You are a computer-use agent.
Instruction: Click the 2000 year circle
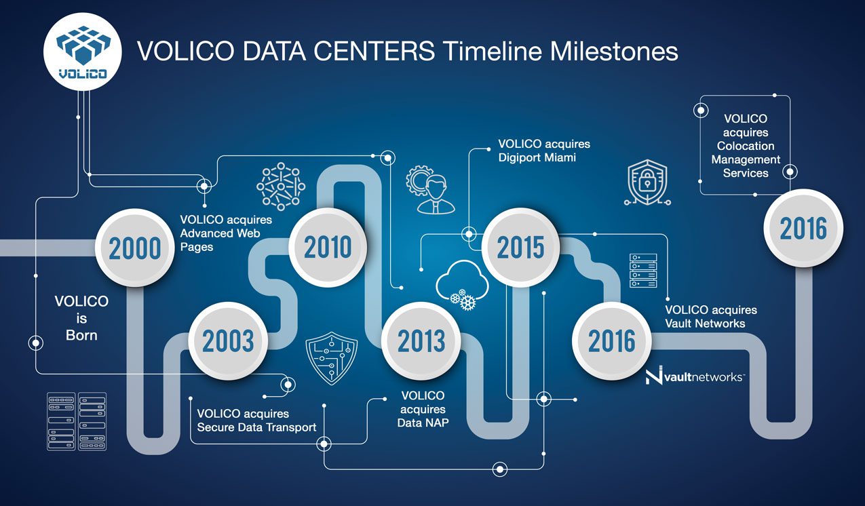tap(135, 248)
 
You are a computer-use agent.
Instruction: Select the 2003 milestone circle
tap(228, 340)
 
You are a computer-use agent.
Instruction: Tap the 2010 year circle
tap(328, 247)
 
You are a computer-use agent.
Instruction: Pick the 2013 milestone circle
tap(421, 340)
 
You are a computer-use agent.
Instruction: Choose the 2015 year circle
tap(520, 247)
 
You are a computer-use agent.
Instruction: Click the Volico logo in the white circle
tap(82, 52)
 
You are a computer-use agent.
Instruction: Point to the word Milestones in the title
tap(614, 52)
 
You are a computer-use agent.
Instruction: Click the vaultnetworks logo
tap(694, 376)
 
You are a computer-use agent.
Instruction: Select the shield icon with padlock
tap(647, 182)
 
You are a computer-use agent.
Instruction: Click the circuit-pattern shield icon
tap(331, 357)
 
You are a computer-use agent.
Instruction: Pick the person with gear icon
tap(431, 189)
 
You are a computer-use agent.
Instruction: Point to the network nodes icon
tap(281, 187)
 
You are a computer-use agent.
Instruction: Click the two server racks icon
tap(77, 421)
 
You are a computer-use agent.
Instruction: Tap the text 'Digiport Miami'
tap(537, 157)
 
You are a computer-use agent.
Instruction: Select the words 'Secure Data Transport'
tap(256, 427)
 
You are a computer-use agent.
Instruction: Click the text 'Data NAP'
tap(423, 423)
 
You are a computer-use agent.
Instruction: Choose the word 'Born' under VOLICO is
tap(81, 335)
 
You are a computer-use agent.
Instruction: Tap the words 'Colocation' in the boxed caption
tap(746, 146)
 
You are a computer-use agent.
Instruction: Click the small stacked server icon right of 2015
tap(643, 271)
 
